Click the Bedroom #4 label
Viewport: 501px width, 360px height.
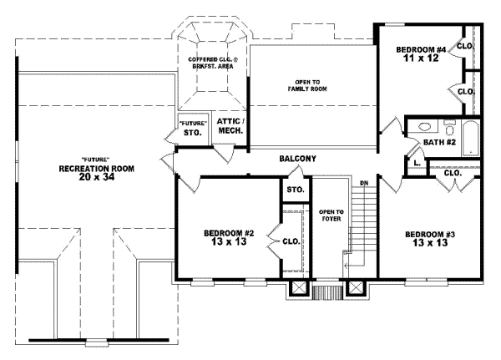tap(421, 50)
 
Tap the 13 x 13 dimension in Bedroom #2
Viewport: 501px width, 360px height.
tap(229, 241)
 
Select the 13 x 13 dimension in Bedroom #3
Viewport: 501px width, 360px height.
tap(430, 243)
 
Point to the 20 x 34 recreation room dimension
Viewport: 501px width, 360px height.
tap(97, 177)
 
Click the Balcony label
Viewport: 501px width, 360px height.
tap(298, 159)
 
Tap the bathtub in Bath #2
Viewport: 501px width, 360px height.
tap(471, 139)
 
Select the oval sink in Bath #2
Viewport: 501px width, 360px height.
tap(424, 127)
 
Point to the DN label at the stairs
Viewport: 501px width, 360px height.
tap(364, 183)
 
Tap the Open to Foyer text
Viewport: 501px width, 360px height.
tap(331, 215)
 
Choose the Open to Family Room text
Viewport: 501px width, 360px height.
tap(307, 86)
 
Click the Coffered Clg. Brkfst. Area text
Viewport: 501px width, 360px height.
tap(213, 63)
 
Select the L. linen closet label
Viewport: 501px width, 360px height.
tap(417, 163)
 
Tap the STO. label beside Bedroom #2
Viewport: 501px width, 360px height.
tap(296, 190)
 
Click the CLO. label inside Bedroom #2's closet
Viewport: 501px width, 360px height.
tap(291, 241)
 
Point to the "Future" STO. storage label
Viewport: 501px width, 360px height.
tap(193, 128)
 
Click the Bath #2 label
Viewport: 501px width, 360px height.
tap(439, 142)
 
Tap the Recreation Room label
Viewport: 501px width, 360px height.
tap(97, 169)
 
